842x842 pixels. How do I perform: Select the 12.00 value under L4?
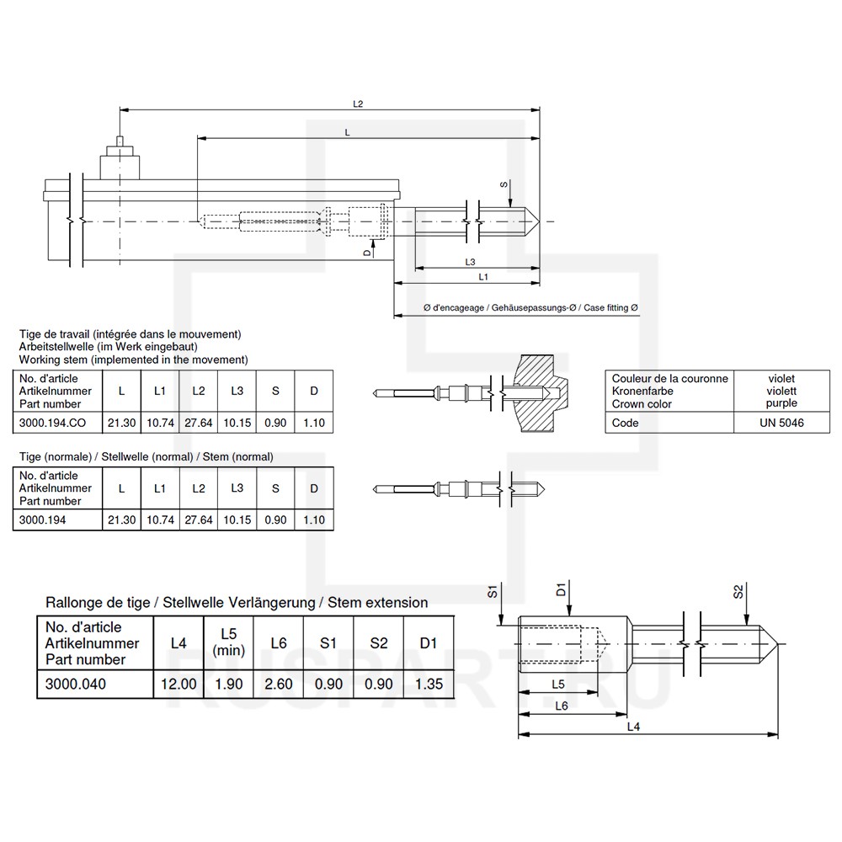point(179,684)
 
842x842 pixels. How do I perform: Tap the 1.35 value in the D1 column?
point(429,684)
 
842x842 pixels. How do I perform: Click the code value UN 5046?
point(781,423)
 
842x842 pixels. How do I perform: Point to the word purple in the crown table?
point(781,403)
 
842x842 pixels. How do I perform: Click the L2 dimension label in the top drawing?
point(357,104)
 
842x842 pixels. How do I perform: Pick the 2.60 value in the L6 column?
point(279,684)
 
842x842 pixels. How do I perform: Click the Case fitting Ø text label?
point(610,308)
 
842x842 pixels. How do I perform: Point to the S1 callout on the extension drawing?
point(493,592)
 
